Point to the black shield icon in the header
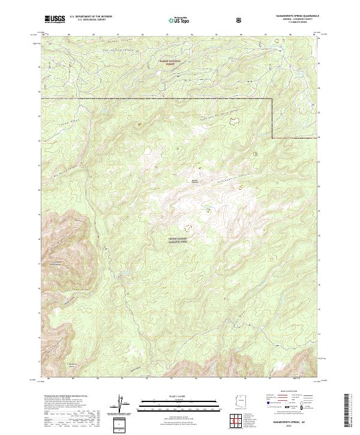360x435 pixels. pyautogui.click(x=239, y=20)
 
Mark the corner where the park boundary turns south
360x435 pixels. pyautogui.click(x=273, y=98)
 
